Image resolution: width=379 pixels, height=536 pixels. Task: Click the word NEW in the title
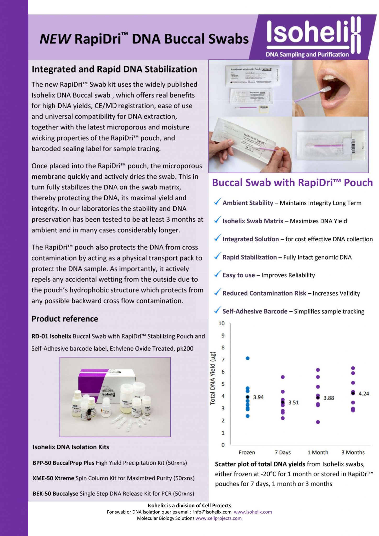click(55, 39)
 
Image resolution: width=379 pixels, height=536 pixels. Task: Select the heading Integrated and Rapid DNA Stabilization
click(114, 69)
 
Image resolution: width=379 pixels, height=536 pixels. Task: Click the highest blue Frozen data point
click(248, 358)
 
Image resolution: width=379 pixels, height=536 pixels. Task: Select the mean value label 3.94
click(258, 397)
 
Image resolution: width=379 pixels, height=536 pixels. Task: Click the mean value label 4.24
click(364, 394)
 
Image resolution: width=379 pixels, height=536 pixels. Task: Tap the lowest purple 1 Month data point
click(318, 422)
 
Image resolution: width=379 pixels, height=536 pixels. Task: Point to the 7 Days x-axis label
click(283, 453)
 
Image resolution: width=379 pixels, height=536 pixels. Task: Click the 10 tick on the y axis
click(222, 323)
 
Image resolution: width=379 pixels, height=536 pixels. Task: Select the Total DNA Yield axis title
click(213, 378)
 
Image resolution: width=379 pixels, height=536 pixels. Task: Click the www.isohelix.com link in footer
click(253, 512)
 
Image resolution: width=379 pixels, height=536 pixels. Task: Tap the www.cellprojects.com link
click(219, 518)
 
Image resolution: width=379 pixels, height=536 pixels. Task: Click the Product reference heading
click(65, 319)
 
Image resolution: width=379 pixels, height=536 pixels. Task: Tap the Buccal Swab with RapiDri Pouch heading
click(292, 183)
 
